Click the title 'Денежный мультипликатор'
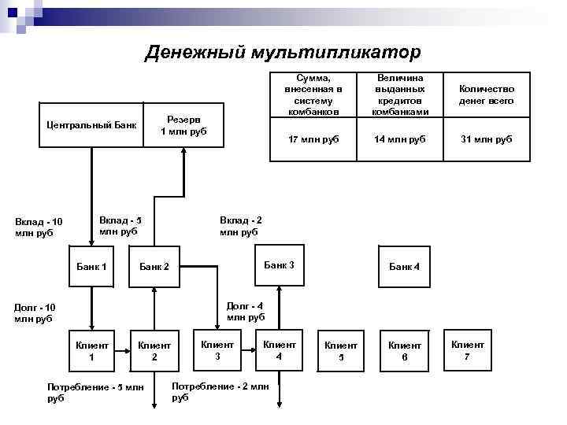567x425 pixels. pos(283,52)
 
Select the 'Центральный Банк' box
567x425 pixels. pos(91,124)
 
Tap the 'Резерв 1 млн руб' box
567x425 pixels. pos(183,124)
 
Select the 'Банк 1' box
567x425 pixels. pos(91,267)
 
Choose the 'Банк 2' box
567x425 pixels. pos(154,267)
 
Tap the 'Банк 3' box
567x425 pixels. pos(279,265)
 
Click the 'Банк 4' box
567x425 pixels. pos(405,267)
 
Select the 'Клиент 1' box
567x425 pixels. pos(91,350)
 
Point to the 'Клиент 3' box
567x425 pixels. pos(217,349)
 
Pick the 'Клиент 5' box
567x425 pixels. pos(341,350)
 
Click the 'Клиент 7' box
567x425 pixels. pos(468,349)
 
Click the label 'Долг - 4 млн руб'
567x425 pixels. pos(246,311)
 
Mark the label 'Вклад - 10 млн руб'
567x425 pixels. pos(38,227)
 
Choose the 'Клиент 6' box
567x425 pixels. pos(405,350)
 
